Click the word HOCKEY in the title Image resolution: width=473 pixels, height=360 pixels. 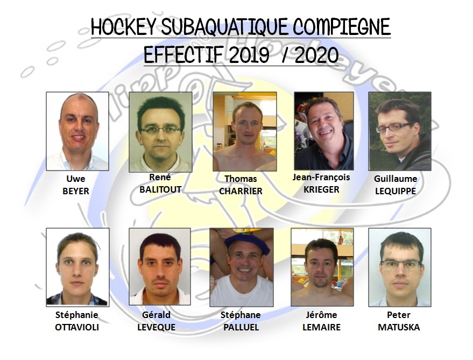coord(123,26)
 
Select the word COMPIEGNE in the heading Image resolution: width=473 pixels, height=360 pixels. coord(342,26)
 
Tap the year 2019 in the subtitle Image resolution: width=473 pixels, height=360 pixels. coord(249,55)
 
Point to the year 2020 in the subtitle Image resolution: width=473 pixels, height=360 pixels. coord(316,55)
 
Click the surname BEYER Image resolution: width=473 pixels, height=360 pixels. coord(76,192)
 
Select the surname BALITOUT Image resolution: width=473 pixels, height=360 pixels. coord(160,189)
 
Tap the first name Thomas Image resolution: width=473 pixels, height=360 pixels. coord(241,179)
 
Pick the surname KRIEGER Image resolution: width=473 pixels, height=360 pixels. coord(321,189)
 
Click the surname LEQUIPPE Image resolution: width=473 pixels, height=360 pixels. coord(396,192)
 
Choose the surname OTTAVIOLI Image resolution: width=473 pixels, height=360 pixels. coord(77,327)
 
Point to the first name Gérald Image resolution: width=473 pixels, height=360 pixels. coord(156,315)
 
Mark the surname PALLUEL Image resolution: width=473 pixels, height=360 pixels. coord(241,327)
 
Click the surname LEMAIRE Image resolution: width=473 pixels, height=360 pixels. coord(322,327)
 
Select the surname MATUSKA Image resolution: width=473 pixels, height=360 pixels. coord(399,327)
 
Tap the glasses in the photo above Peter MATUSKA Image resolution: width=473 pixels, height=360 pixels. coord(401,265)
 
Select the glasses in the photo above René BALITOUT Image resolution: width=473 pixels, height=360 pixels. coord(160,130)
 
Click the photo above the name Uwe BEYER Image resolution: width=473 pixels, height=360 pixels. coord(77,131)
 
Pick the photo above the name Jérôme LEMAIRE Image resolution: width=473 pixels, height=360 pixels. coord(322,267)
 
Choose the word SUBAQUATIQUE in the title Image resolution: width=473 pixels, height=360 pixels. coord(224,26)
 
